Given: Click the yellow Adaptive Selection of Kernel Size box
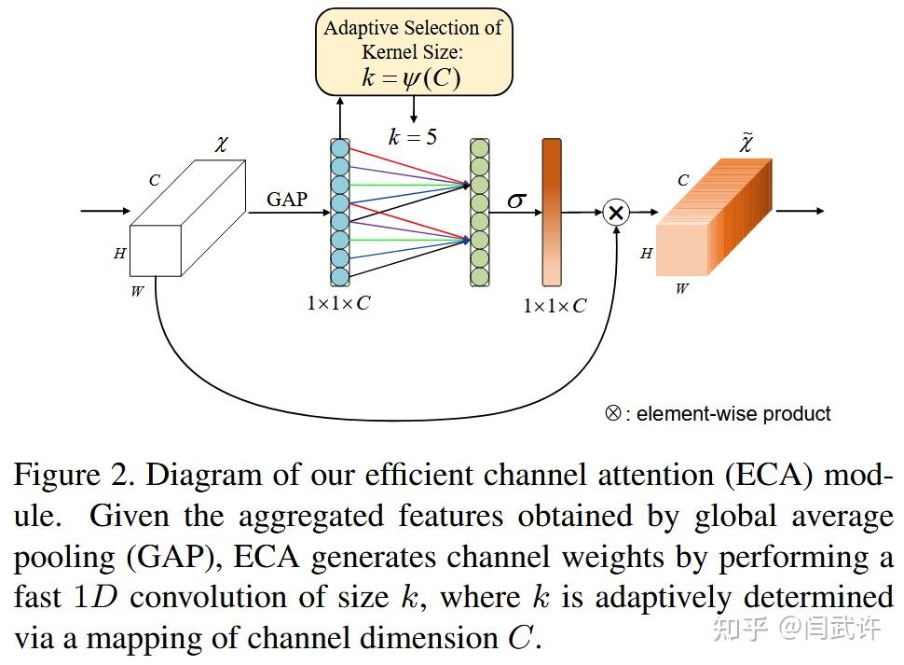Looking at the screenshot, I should (413, 53).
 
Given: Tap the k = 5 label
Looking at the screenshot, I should (412, 137).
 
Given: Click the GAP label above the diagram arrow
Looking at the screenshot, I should (286, 199).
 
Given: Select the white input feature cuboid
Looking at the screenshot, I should (187, 218).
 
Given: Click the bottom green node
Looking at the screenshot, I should (479, 276).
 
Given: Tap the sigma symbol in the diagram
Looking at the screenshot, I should (516, 200).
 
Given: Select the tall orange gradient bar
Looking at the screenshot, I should (552, 212).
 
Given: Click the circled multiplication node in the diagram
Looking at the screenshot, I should (615, 213).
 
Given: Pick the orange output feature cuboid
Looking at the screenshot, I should (713, 220).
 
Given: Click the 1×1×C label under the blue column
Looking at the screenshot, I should (338, 303).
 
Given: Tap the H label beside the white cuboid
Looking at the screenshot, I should (119, 253).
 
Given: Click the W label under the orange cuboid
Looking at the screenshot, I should (681, 289).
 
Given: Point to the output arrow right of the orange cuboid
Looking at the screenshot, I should (800, 212).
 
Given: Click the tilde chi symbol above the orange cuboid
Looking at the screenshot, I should (746, 143).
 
